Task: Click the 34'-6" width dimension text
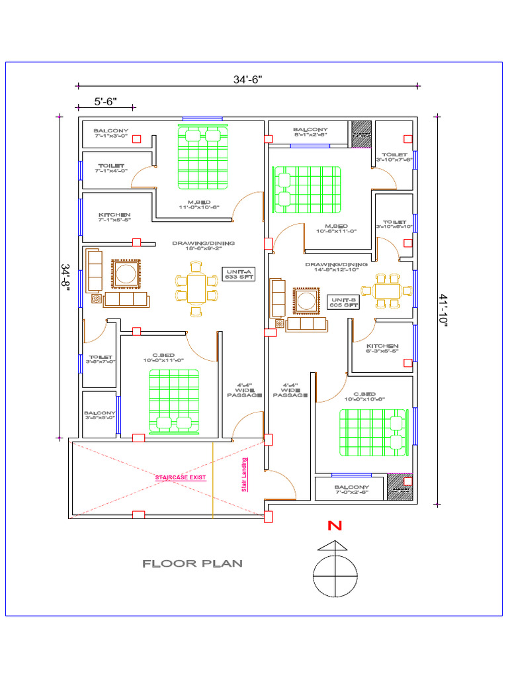pyautogui.click(x=247, y=79)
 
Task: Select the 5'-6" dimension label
pyautogui.click(x=105, y=101)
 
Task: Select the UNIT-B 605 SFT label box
pyautogui.click(x=344, y=302)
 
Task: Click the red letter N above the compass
pyautogui.click(x=335, y=527)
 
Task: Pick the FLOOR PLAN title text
pyautogui.click(x=192, y=564)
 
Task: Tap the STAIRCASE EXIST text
pyautogui.click(x=181, y=477)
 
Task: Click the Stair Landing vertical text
pyautogui.click(x=245, y=475)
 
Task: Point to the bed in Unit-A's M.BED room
pyautogui.click(x=203, y=156)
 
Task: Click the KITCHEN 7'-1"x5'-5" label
pyautogui.click(x=114, y=217)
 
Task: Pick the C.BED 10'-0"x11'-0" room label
pyautogui.click(x=162, y=358)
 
